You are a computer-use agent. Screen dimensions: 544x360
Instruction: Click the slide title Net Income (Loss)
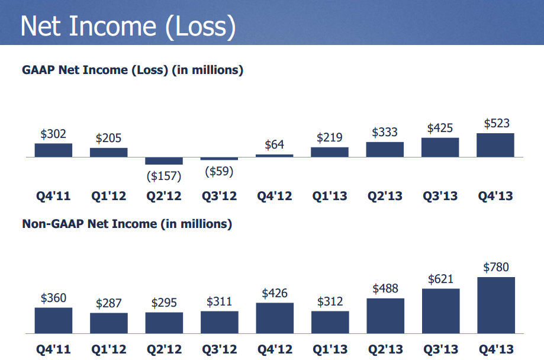point(128,27)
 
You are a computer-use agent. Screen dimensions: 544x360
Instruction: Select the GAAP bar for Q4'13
point(495,145)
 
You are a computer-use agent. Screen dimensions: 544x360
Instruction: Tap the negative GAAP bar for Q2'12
point(164,160)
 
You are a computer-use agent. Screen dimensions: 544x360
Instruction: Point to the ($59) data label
point(219,172)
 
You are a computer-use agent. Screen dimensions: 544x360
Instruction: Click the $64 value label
point(275,144)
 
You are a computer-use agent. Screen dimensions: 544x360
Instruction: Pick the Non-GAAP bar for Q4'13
point(496,305)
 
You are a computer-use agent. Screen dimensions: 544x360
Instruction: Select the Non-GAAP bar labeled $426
point(275,318)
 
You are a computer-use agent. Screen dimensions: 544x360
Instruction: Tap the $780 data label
point(496,267)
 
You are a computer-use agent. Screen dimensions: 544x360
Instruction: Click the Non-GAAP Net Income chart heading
point(127,224)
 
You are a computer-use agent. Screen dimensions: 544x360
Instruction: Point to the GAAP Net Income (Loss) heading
point(133,70)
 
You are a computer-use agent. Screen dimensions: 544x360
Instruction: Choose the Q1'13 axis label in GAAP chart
point(330,196)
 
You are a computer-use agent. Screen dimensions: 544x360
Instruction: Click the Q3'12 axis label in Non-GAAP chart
point(219,349)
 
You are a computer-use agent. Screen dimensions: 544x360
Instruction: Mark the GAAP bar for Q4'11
point(53,150)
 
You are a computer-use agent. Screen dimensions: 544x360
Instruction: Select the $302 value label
point(53,134)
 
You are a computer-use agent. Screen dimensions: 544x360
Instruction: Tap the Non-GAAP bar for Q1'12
point(108,323)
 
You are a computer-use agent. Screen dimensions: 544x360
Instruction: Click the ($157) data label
point(164,176)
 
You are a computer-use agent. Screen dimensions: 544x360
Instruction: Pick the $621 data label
point(440,279)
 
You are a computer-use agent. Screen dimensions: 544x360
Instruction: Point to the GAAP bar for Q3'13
point(440,147)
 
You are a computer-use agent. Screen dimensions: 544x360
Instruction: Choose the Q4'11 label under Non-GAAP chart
point(53,349)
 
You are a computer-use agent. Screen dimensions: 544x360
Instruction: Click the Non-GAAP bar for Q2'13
point(385,316)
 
